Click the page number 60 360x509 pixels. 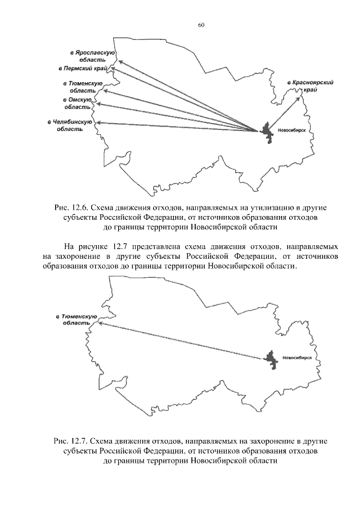[x=201, y=25]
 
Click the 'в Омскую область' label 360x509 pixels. [x=77, y=102]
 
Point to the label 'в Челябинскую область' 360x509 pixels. [x=70, y=125]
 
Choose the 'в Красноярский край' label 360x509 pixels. [x=310, y=85]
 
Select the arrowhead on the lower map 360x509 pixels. [x=100, y=323]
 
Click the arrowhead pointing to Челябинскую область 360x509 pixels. [x=100, y=122]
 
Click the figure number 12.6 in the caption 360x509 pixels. [x=78, y=208]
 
